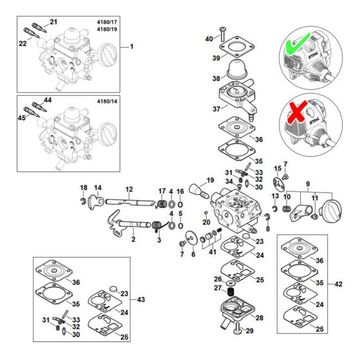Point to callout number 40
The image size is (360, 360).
point(209,39)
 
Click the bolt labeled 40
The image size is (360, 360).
point(222,33)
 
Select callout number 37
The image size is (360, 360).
point(208,109)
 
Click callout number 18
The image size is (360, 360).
point(83,187)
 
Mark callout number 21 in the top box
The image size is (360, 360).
point(53,22)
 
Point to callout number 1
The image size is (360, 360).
point(132,47)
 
